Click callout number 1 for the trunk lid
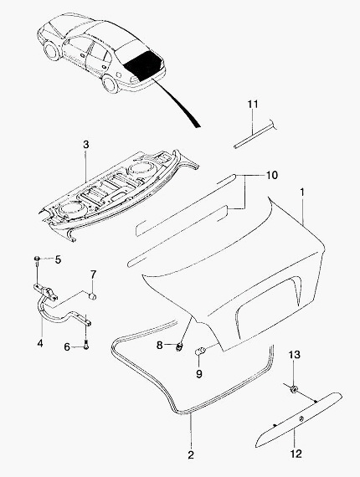pyautogui.click(x=302, y=192)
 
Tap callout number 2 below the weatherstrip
pyautogui.click(x=191, y=454)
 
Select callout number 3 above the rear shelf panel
pyautogui.click(x=86, y=145)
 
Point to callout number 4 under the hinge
pyautogui.click(x=40, y=343)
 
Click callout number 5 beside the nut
pyautogui.click(x=58, y=259)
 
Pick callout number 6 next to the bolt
pyautogui.click(x=67, y=346)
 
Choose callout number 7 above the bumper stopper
pyautogui.click(x=93, y=274)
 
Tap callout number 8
pyautogui.click(x=160, y=345)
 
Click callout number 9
pyautogui.click(x=198, y=373)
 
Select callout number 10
pyautogui.click(x=272, y=175)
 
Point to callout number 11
pyautogui.click(x=253, y=104)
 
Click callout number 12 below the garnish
pyautogui.click(x=296, y=454)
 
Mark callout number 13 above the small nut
pyautogui.click(x=294, y=355)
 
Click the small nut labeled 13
pyautogui.click(x=294, y=389)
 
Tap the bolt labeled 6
pyautogui.click(x=86, y=346)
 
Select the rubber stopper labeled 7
pyautogui.click(x=92, y=296)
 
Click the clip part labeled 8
pyautogui.click(x=180, y=346)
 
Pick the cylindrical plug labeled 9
pyautogui.click(x=200, y=351)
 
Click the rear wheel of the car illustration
pyautogui.click(x=110, y=84)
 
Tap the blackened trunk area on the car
pyautogui.click(x=144, y=65)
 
